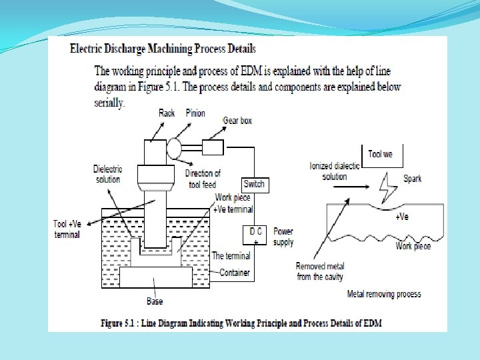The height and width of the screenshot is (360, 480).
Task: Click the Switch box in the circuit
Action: [254, 184]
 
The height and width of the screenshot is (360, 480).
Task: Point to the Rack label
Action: [167, 113]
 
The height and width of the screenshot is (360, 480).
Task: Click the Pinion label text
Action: [196, 113]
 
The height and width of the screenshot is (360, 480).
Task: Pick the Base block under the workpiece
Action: [155, 279]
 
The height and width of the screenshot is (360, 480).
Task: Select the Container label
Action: [235, 272]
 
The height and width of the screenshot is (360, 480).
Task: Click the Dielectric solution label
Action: [107, 174]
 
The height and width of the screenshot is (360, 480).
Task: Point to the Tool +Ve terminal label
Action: [67, 229]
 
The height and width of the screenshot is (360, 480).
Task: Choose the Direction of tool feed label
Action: [203, 178]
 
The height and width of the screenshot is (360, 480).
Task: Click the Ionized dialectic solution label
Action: [335, 171]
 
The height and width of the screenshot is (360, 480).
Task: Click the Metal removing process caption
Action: [384, 293]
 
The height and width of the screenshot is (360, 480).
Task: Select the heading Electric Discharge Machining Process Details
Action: [163, 49]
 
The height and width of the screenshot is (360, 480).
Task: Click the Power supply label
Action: [283, 237]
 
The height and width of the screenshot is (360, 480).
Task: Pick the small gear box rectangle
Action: [213, 147]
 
